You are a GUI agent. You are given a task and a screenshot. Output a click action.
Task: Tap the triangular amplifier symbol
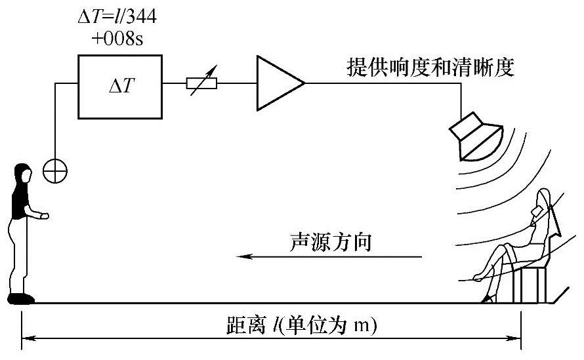276,83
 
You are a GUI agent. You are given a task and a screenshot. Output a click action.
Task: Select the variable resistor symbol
200,84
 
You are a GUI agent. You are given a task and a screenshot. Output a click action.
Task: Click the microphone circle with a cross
54,171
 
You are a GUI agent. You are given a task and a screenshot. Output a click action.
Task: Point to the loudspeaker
477,136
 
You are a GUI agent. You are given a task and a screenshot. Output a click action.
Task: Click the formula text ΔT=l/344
117,16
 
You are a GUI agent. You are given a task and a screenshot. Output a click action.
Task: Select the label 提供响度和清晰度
430,68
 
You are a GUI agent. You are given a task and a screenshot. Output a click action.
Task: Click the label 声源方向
331,242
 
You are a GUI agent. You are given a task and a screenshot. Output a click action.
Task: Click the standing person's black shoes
22,299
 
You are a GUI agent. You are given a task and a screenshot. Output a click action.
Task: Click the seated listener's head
542,200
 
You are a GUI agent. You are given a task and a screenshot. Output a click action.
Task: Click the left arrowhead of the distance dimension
28,339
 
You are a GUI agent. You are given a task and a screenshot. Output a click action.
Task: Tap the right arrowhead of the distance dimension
516,339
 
